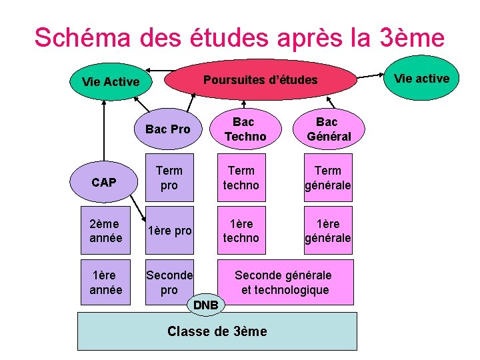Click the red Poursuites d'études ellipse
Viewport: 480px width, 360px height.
coord(260,81)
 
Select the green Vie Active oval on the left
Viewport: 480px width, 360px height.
coord(110,82)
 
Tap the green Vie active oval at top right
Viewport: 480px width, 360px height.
coord(421,79)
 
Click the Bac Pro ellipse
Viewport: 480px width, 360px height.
coord(168,129)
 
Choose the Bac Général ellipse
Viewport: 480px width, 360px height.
coord(329,129)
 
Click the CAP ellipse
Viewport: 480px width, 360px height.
coord(103,181)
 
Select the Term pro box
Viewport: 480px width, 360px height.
coord(169,178)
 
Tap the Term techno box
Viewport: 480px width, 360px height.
coord(240,178)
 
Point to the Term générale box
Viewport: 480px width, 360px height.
coord(328,178)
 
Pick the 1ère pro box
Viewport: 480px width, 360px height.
coord(169,231)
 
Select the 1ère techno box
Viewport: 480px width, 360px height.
coord(240,231)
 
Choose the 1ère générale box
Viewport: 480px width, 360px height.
coord(328,231)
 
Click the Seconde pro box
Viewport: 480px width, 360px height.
coord(169,283)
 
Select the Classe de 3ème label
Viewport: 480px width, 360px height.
coord(217,331)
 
